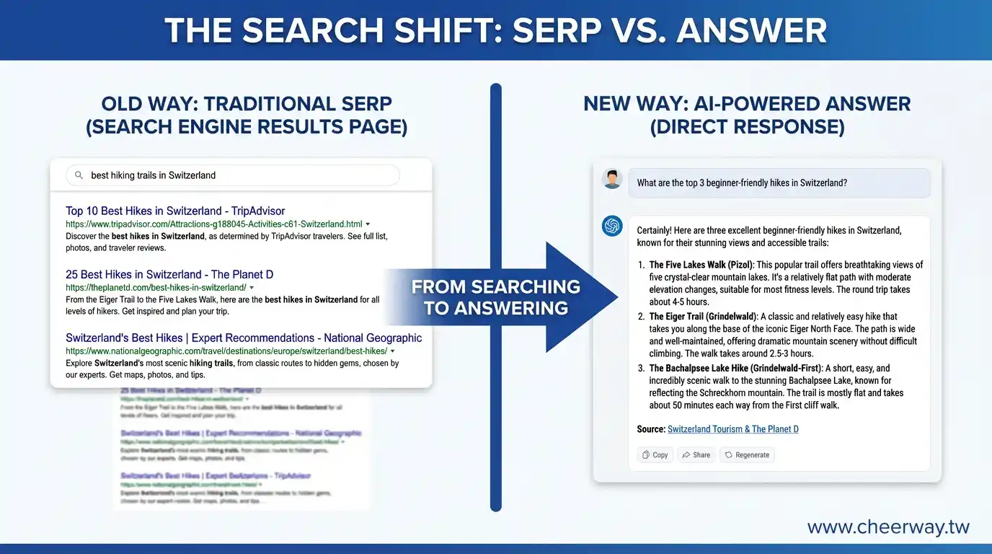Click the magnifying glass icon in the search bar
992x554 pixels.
coord(79,175)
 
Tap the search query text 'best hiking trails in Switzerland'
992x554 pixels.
coord(153,175)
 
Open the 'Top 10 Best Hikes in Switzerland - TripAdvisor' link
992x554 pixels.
coord(175,211)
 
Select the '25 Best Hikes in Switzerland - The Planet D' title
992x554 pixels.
coord(169,274)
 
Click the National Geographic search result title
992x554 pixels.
coord(244,338)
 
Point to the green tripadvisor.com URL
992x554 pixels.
coord(214,224)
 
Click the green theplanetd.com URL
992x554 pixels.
coord(156,288)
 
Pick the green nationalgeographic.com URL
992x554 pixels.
coord(226,351)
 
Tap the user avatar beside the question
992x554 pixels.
coord(612,179)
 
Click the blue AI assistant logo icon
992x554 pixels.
coord(612,226)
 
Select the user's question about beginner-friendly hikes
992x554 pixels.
coord(742,183)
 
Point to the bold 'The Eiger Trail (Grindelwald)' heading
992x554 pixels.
coord(703,316)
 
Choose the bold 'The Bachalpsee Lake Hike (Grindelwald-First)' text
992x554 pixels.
coord(735,368)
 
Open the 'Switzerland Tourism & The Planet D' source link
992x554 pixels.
coord(732,429)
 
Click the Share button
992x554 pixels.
coord(696,455)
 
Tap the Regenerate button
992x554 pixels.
coord(747,455)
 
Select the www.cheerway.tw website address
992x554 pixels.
coord(888,527)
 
